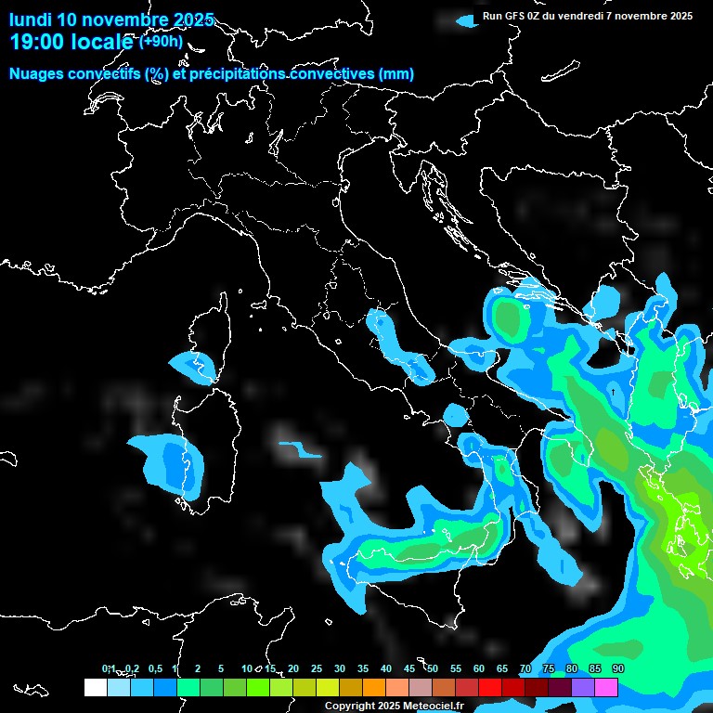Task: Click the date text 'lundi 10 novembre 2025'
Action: [x=111, y=19]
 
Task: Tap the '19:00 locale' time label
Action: [x=71, y=43]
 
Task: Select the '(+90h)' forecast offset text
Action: [x=161, y=42]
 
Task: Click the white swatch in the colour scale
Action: [x=95, y=688]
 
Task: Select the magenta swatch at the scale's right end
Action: [x=606, y=688]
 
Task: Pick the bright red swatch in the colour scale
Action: [x=490, y=688]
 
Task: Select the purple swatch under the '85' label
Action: [x=583, y=688]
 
